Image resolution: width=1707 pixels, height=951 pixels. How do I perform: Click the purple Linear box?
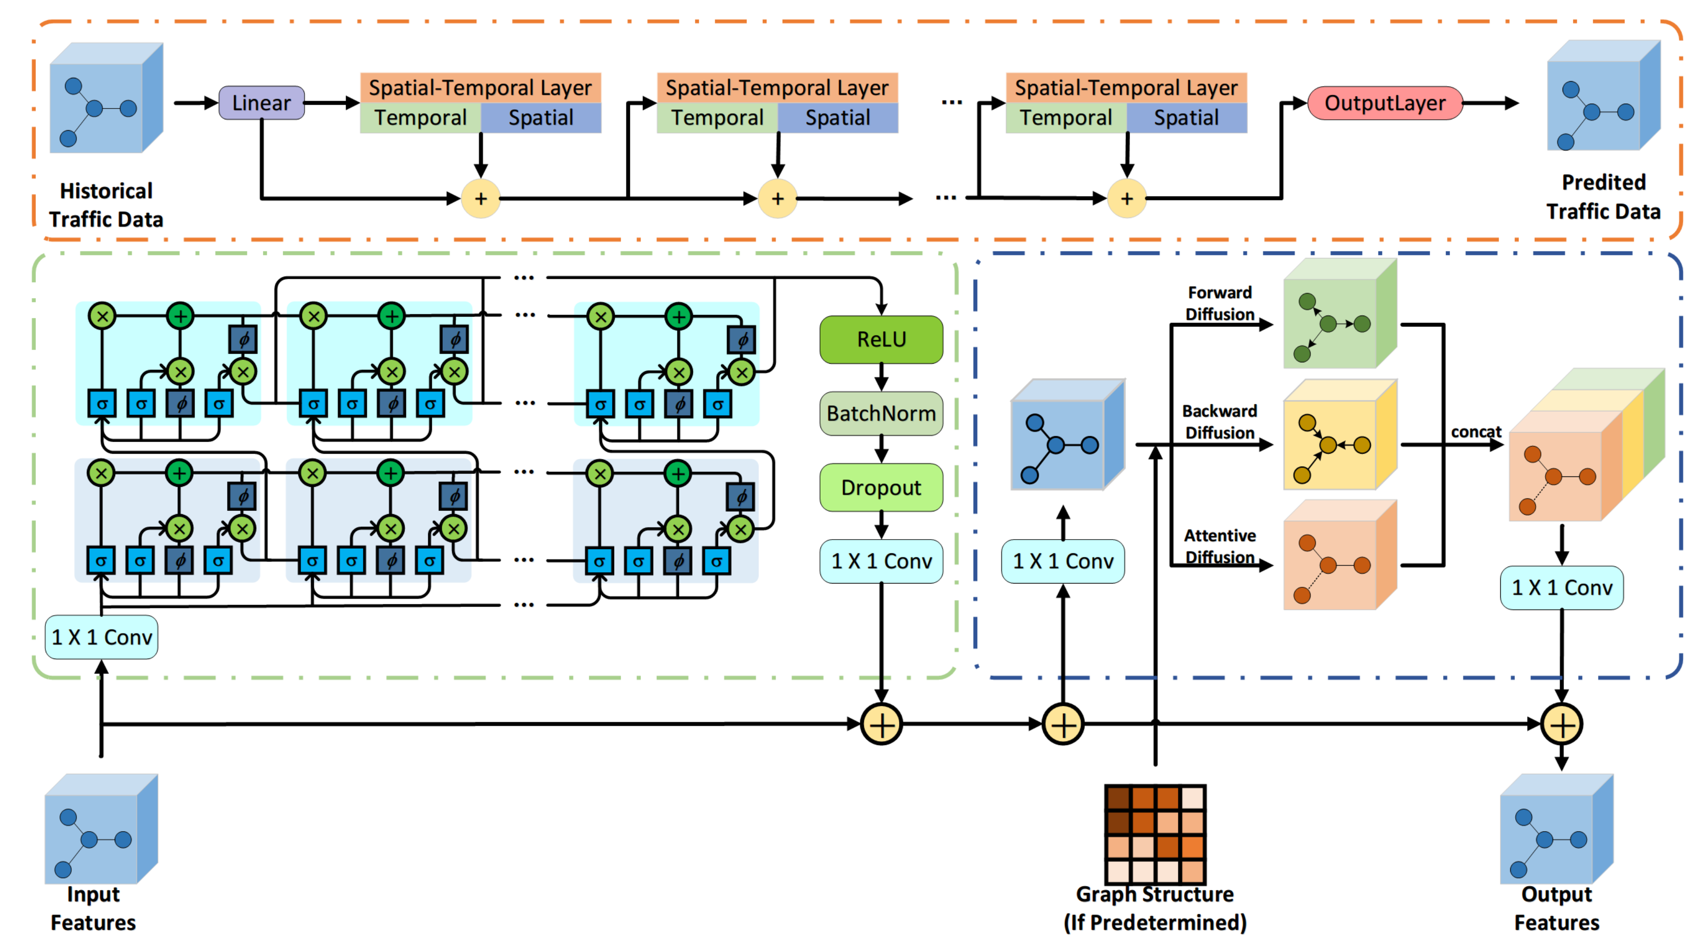coord(261,103)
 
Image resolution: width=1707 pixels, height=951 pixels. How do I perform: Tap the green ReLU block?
coord(881,339)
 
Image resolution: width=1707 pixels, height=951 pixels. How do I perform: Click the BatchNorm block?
coord(881,413)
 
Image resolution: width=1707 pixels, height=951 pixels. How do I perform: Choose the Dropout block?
coord(881,487)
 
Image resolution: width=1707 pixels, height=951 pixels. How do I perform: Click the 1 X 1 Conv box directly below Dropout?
coord(881,561)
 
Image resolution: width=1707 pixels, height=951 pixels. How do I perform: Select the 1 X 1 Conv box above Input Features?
coord(101,637)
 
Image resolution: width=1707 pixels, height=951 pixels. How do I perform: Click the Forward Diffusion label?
coord(1219,303)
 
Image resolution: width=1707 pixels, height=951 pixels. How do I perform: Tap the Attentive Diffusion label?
coord(1219,546)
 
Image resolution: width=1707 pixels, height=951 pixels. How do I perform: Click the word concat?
coord(1476,432)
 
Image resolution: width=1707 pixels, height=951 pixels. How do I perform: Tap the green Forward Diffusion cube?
coord(1339,315)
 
